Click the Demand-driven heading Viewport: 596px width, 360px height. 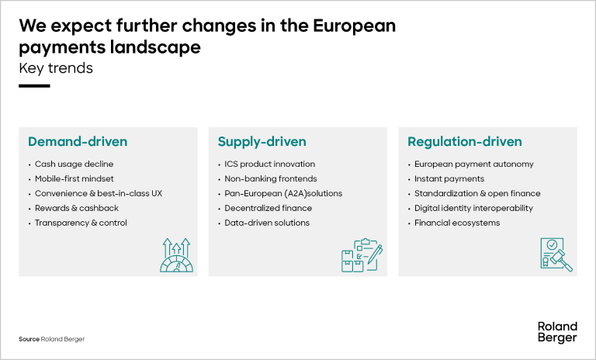tap(78, 142)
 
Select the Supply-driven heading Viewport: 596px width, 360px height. tap(262, 142)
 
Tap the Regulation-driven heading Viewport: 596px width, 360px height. tap(465, 142)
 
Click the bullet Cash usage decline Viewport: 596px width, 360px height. tap(74, 164)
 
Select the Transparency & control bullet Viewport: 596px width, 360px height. tap(81, 223)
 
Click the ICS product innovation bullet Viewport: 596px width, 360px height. tap(269, 164)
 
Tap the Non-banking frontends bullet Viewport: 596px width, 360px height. tap(270, 179)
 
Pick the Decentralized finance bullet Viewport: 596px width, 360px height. tap(268, 208)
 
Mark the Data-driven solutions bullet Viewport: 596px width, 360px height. tap(267, 223)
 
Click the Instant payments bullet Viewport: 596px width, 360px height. tap(449, 179)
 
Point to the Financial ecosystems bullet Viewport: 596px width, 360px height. tap(457, 223)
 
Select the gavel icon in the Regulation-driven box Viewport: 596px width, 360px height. tap(556, 255)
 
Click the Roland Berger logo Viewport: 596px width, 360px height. tap(557, 332)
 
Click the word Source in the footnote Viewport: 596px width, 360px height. tap(29, 339)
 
